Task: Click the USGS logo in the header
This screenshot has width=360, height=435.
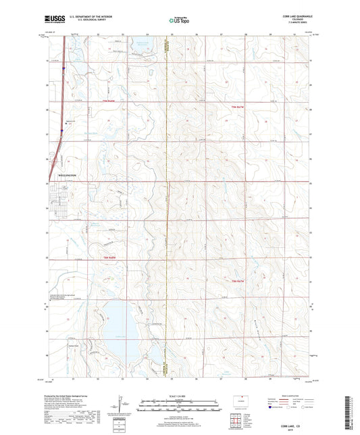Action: point(53,20)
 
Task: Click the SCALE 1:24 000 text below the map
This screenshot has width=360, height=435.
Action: point(180,395)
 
